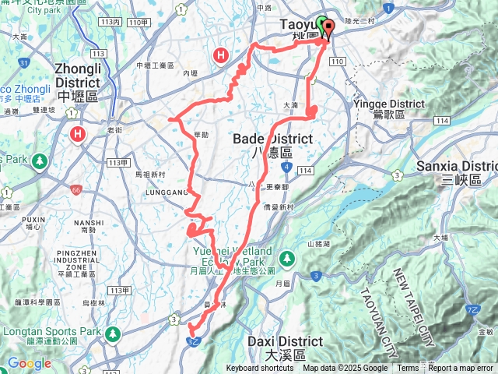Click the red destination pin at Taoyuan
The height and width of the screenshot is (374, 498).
point(327,30)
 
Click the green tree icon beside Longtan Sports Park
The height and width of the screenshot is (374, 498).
point(113,333)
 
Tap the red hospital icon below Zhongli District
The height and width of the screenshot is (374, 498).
point(78,135)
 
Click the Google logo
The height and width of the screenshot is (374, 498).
point(29,363)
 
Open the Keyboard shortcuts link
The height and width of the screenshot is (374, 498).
point(261,369)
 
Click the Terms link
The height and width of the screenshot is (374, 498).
point(408,369)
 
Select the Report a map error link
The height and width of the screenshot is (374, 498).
point(461,369)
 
